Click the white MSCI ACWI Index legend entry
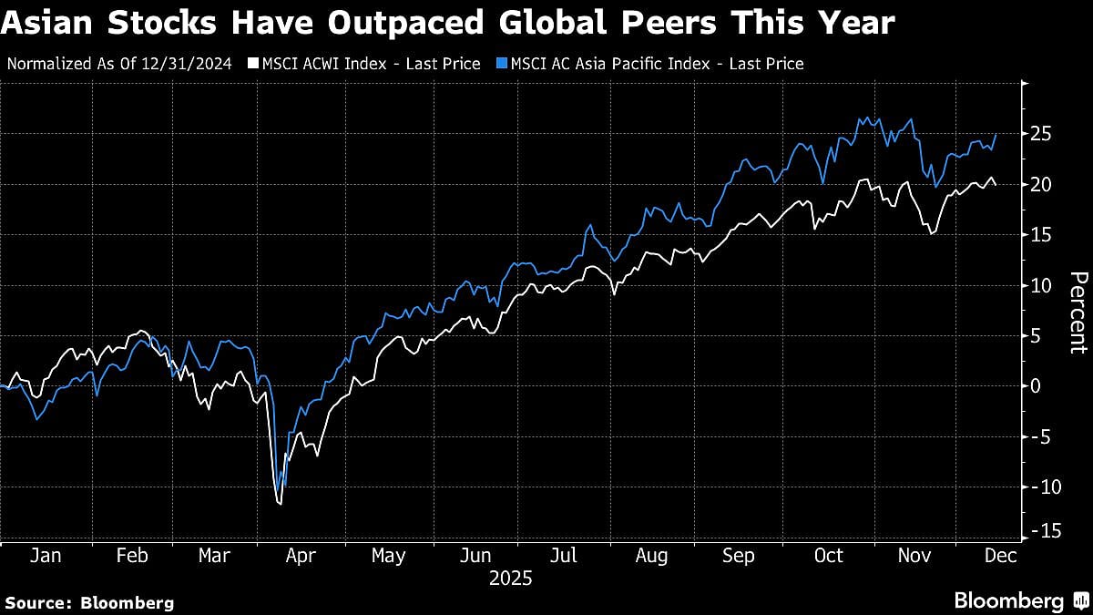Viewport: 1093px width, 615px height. (x=364, y=64)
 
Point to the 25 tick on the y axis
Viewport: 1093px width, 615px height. (x=1040, y=134)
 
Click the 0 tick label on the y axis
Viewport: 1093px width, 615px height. (x=1036, y=386)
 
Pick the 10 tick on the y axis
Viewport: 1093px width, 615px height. (x=1040, y=285)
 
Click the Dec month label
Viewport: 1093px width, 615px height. (x=988, y=555)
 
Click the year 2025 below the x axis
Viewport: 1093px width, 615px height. (x=510, y=579)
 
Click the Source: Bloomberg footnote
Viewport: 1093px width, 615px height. (x=89, y=602)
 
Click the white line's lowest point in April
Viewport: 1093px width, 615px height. (x=280, y=503)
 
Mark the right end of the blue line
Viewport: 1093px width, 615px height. (x=996, y=134)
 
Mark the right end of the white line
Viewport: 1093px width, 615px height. (x=996, y=185)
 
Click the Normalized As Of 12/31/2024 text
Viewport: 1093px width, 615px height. (x=118, y=64)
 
